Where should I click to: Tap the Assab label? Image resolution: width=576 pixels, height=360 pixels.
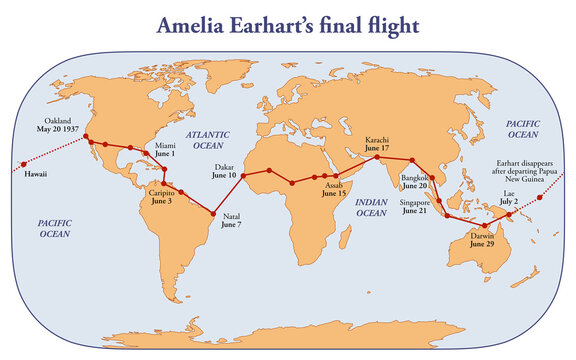coord(335,185)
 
